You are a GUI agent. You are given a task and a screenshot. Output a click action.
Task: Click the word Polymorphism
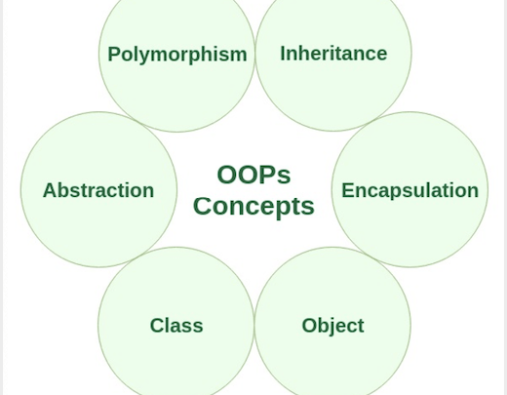177,55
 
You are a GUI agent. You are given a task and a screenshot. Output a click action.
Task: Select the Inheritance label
333,54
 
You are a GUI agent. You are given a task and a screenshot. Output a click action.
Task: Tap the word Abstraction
98,190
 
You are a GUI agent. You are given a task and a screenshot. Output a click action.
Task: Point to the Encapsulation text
409,191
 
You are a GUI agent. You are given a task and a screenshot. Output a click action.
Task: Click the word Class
176,326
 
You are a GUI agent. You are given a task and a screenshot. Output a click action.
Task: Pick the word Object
332,326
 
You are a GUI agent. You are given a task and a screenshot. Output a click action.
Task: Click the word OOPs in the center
253,175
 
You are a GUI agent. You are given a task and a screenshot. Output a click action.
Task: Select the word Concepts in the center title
253,207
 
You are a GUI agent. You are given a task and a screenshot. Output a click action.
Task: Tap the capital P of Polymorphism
113,54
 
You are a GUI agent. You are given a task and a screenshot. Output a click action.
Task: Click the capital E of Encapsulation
347,190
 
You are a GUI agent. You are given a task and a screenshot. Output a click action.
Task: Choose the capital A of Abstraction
50,190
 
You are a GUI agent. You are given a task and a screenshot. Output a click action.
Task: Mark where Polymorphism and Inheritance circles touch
255,54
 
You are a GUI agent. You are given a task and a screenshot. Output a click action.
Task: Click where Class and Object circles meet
254,325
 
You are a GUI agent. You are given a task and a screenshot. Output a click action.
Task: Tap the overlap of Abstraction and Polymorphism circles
138,122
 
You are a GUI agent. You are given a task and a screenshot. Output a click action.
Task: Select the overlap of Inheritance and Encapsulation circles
371,122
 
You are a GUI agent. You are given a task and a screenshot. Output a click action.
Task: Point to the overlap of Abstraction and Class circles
137,257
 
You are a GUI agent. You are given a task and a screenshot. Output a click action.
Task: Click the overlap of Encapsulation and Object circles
371,257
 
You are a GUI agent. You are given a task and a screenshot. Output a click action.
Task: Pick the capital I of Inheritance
283,54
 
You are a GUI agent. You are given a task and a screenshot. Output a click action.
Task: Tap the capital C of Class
157,326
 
